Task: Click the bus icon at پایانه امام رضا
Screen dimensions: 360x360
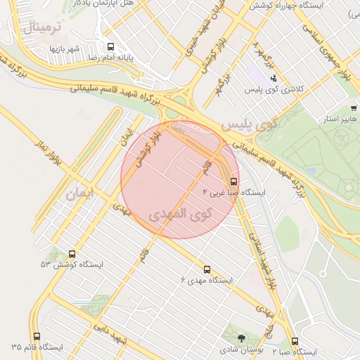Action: click(109, 47)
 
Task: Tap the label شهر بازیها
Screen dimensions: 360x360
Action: click(64, 49)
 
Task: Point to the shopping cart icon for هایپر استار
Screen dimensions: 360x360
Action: click(353, 108)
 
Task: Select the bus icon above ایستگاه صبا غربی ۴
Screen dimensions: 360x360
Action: click(234, 180)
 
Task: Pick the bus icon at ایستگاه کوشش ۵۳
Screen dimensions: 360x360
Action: click(72, 254)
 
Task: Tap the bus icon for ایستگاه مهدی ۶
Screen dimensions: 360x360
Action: click(207, 269)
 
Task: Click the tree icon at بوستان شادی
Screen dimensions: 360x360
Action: click(242, 338)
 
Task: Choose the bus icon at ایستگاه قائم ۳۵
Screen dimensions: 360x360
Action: click(37, 337)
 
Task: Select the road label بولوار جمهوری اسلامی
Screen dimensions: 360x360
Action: click(330, 53)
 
